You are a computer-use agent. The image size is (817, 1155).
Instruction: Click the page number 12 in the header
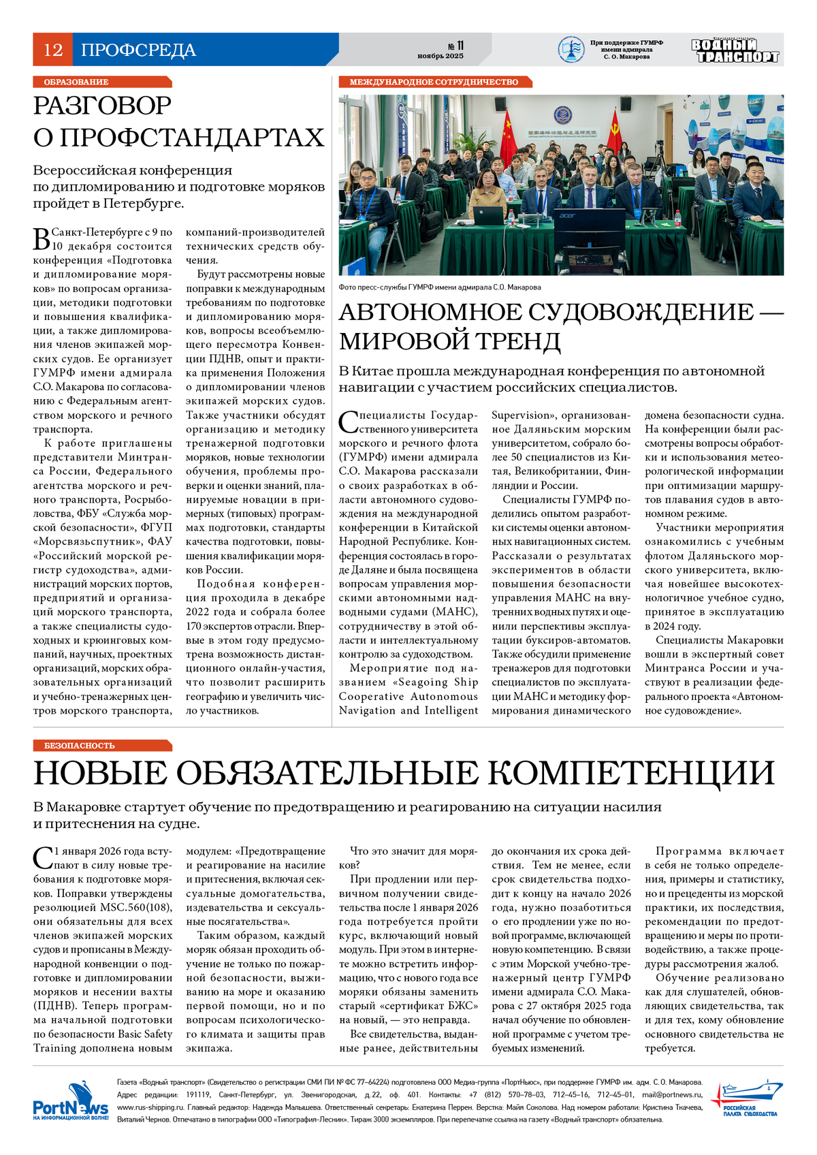53,50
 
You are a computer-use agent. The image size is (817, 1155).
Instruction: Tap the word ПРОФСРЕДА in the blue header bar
138,50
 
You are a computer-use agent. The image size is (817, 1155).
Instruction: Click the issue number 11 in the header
460,46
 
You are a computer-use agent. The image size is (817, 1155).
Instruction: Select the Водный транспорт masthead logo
735,50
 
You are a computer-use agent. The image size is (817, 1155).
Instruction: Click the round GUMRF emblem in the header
571,50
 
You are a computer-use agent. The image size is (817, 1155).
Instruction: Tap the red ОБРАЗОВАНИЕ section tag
76,82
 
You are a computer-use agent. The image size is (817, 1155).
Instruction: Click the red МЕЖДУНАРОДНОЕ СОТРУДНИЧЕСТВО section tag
434,82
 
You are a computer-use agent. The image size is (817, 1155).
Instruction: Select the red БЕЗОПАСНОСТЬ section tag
80,746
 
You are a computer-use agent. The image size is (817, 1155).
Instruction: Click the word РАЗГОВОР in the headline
103,106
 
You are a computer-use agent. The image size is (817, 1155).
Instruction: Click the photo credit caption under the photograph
440,287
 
